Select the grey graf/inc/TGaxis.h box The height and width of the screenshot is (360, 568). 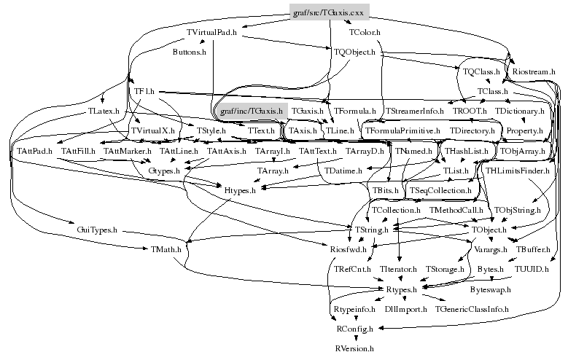251,111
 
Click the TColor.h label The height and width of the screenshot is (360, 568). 365,33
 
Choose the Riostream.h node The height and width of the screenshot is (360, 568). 534,72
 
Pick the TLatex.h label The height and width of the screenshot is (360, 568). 103,111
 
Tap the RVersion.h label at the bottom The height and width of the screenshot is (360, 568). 354,349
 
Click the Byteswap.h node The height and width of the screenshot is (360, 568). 491,289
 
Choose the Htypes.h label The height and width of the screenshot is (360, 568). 240,190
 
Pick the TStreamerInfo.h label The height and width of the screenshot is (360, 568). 414,111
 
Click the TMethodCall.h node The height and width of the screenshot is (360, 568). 456,210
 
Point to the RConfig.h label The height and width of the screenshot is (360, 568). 354,329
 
